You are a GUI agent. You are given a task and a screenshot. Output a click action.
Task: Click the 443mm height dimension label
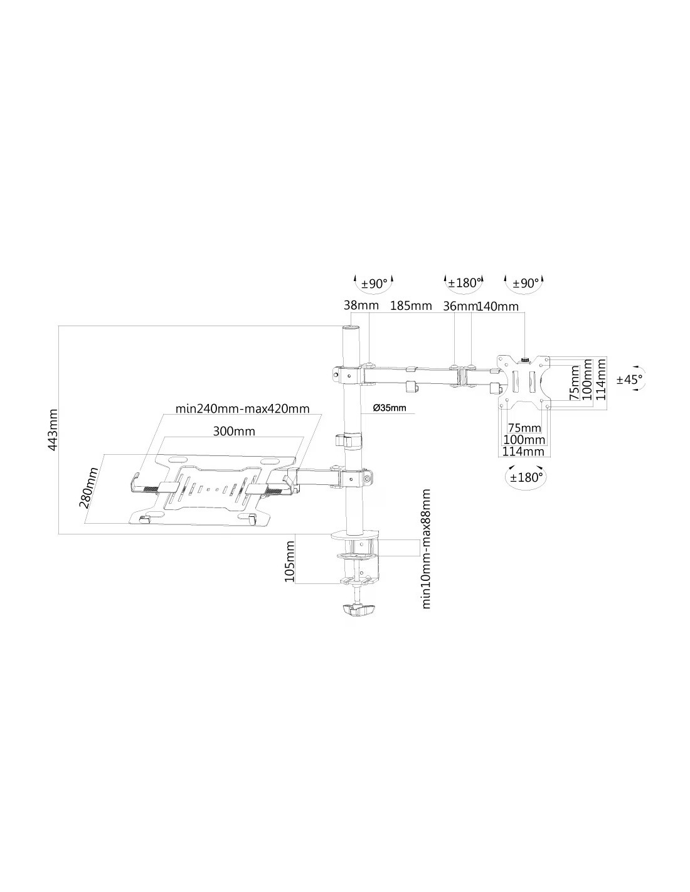pos(53,430)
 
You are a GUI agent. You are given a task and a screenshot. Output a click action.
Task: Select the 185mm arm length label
pos(411,306)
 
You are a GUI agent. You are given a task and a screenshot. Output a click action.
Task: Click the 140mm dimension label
pos(497,306)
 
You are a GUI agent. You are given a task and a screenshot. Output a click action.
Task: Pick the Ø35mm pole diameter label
pos(390,408)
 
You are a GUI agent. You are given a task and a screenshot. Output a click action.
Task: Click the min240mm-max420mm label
pos(243,409)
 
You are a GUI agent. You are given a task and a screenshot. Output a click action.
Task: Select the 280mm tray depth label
pos(88,488)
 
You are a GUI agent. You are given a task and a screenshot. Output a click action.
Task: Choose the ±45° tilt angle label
pos(629,380)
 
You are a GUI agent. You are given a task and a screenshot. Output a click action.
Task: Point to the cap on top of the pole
pos(350,327)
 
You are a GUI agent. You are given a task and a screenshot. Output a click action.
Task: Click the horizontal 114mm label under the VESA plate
pos(523,452)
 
